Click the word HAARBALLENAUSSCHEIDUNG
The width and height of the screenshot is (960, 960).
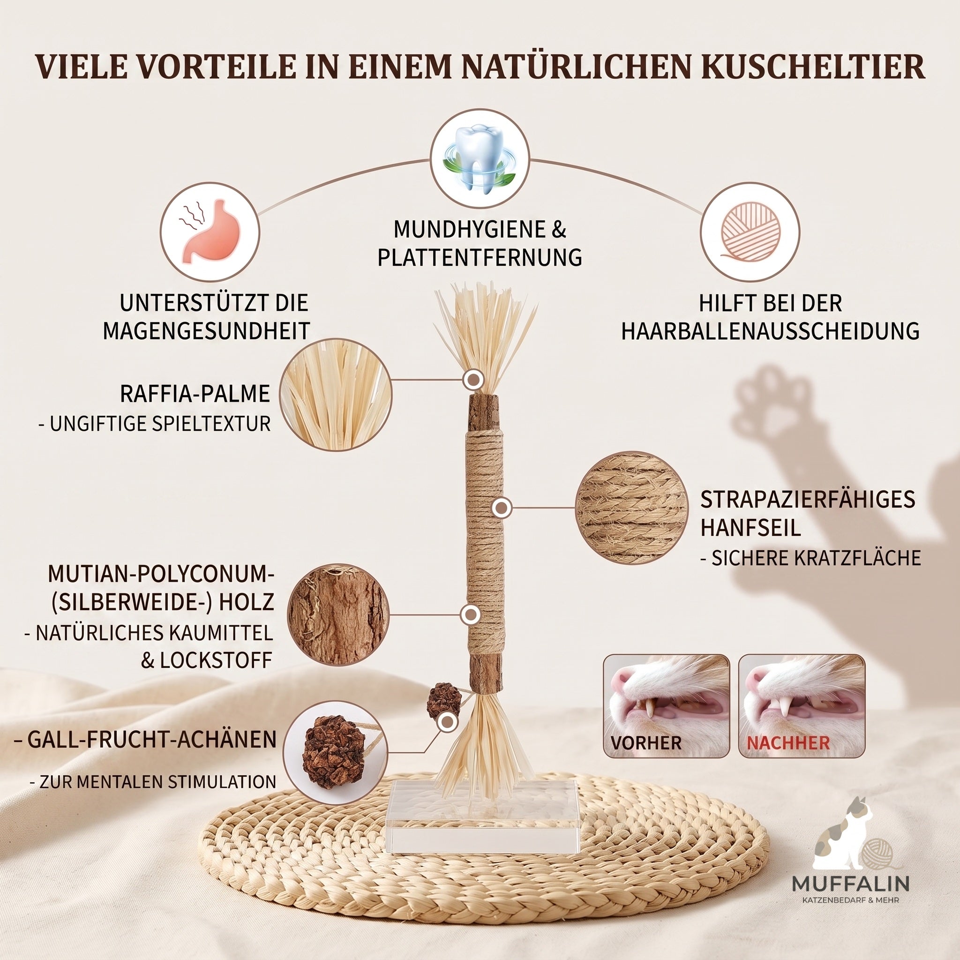pos(770,331)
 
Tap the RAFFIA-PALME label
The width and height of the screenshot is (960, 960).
pos(195,394)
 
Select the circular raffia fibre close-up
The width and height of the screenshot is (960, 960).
pos(336,395)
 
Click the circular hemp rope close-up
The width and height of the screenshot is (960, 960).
pos(631,507)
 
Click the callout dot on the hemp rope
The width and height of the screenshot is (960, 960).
pos(502,508)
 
